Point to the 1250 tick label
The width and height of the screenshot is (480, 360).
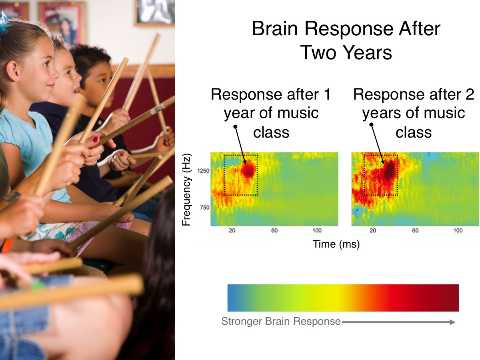click(203, 171)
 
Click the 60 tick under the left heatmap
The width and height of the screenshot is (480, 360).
click(274, 231)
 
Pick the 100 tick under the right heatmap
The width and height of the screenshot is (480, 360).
click(458, 231)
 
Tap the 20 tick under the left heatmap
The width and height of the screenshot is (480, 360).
click(232, 231)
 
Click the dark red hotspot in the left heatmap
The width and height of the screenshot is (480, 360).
click(248, 170)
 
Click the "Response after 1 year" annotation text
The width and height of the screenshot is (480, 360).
click(271, 113)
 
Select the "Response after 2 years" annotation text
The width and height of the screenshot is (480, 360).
click(413, 113)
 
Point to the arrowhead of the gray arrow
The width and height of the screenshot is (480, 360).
click(452, 322)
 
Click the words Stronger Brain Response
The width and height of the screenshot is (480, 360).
click(281, 321)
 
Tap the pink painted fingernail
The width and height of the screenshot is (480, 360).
click(96, 140)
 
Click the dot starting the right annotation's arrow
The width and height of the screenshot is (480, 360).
click(371, 124)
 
